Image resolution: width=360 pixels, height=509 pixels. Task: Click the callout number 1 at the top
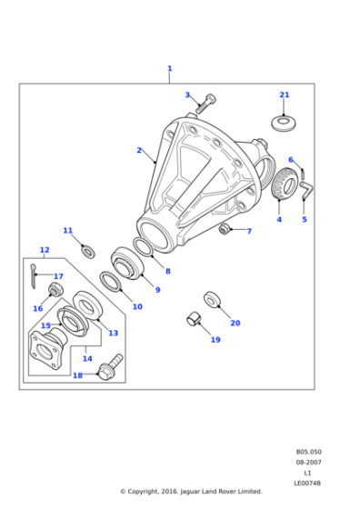[x=169, y=68]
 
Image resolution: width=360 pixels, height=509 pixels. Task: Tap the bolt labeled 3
[x=205, y=104]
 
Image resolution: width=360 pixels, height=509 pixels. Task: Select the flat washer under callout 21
[x=284, y=123]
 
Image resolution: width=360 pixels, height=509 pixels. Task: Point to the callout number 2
[x=139, y=150]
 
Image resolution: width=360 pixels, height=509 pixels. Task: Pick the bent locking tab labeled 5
[x=306, y=190]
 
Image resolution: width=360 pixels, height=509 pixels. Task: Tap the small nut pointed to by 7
[x=225, y=228]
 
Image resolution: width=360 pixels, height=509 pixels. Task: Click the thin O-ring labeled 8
[x=143, y=246]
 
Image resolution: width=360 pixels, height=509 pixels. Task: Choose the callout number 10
[x=137, y=306]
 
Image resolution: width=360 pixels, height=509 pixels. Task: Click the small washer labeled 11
[x=88, y=252]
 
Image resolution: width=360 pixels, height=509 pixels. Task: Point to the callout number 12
[x=45, y=250]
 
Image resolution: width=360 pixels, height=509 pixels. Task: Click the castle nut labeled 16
[x=55, y=289]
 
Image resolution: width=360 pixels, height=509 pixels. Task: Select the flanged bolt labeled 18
[x=110, y=367]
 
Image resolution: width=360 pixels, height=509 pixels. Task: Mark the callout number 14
[x=87, y=358]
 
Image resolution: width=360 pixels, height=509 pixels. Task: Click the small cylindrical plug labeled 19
[x=194, y=319]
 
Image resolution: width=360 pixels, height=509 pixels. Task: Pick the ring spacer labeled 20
[x=213, y=299]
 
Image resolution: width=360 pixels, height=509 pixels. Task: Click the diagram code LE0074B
[x=307, y=484]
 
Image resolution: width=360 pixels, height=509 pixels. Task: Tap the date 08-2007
[x=308, y=463]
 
